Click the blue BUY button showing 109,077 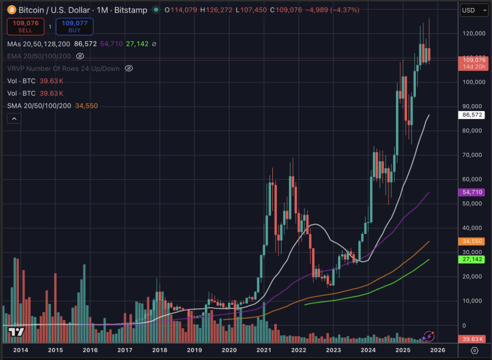[x=74, y=26]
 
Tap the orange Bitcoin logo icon [x=11, y=10]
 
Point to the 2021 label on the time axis [x=264, y=350]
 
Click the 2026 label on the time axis [x=438, y=350]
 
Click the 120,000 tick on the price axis [x=473, y=34]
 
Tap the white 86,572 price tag [x=473, y=115]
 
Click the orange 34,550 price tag [x=473, y=242]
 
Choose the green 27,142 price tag [x=473, y=259]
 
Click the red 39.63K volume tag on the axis [x=473, y=339]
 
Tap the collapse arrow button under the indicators [x=14, y=118]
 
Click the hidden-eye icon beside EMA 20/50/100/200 [x=80, y=56]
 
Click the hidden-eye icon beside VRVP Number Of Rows [x=129, y=68]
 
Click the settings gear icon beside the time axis [x=474, y=350]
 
